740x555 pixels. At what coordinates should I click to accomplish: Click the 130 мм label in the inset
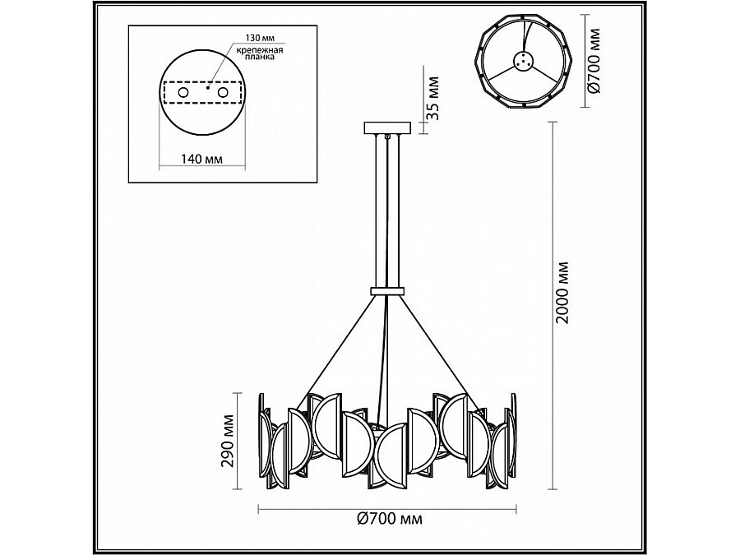pos(260,37)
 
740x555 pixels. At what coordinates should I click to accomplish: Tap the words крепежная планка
pos(260,53)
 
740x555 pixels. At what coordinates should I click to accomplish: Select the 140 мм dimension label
pos(202,159)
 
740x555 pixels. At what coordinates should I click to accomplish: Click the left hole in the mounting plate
pos(183,92)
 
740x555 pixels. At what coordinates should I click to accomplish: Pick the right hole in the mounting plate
pos(223,92)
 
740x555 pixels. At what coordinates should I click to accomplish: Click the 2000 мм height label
pos(562,292)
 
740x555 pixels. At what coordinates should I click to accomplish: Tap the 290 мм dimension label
pos(229,441)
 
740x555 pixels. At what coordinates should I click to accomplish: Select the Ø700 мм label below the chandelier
pos(390,519)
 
